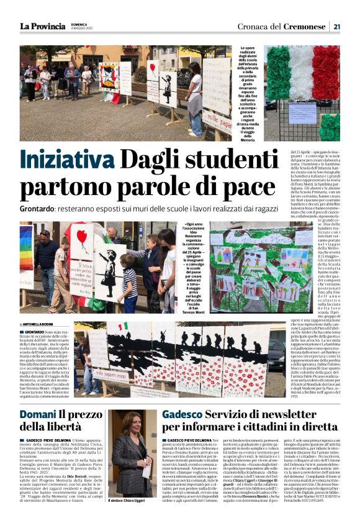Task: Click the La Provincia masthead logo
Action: click(x=42, y=26)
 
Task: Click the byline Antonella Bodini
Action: click(x=40, y=324)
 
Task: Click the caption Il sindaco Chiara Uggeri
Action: click(x=131, y=500)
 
